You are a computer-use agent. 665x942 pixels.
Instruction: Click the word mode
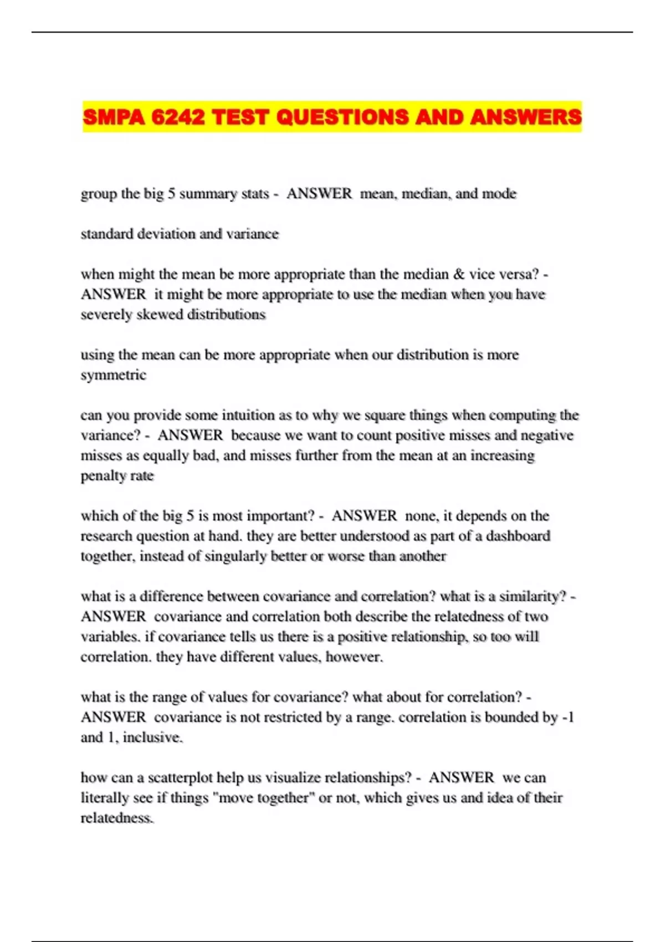pyautogui.click(x=499, y=194)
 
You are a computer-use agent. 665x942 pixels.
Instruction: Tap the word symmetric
pyautogui.click(x=114, y=375)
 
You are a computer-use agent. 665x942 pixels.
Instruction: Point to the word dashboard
pyautogui.click(x=518, y=536)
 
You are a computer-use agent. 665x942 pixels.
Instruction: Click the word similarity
pyautogui.click(x=533, y=597)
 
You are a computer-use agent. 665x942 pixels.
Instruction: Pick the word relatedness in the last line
pyautogui.click(x=117, y=818)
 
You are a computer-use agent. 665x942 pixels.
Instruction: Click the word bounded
pyautogui.click(x=513, y=718)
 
